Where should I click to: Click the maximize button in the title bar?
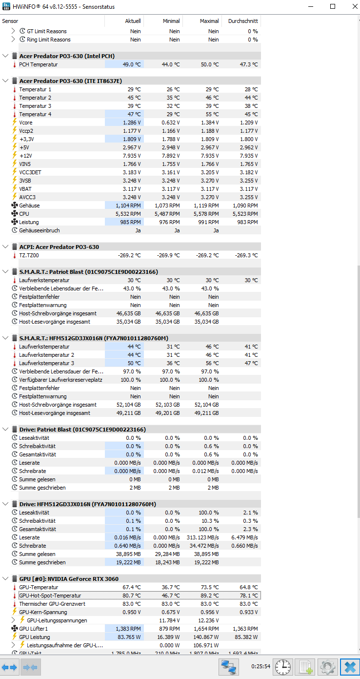(x=333, y=6)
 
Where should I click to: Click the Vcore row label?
(x=26, y=123)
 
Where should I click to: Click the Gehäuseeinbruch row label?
(x=40, y=230)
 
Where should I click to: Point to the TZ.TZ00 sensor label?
(x=30, y=255)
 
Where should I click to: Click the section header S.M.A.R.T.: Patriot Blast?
(x=88, y=272)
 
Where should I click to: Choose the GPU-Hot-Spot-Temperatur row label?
(x=50, y=596)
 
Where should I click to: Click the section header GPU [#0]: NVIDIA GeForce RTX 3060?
(x=69, y=579)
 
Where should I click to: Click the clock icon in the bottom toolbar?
(x=283, y=666)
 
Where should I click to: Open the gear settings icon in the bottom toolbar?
(x=328, y=666)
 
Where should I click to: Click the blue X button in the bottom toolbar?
(x=350, y=666)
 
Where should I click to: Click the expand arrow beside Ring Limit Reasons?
(x=13, y=40)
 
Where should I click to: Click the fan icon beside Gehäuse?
(x=14, y=206)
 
